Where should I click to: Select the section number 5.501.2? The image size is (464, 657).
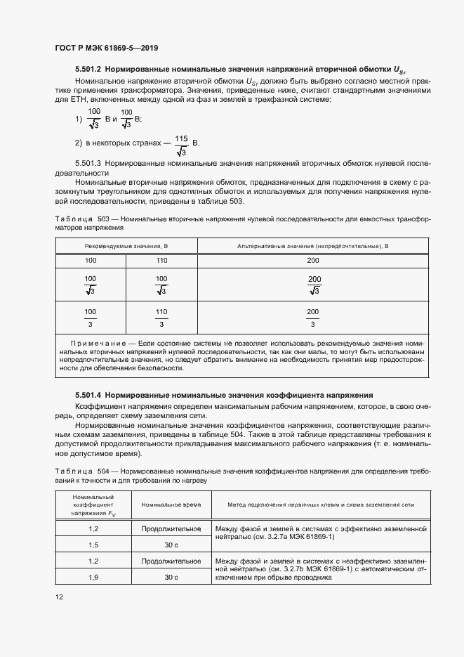[88, 70]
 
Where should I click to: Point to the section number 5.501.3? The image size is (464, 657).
[88, 163]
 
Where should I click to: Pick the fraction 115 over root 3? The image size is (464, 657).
[181, 144]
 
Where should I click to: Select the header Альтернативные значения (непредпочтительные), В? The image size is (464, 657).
[312, 246]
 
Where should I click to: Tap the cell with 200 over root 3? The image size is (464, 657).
[314, 285]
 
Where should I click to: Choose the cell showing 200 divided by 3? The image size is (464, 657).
[312, 318]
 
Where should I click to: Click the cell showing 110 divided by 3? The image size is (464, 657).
[161, 318]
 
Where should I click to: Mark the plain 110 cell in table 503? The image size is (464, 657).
[161, 261]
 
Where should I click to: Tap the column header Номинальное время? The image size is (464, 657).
[172, 505]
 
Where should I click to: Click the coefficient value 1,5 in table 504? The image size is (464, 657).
[93, 544]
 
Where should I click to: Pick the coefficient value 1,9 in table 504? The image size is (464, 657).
[93, 577]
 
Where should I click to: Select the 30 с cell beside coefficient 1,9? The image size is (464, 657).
[172, 577]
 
